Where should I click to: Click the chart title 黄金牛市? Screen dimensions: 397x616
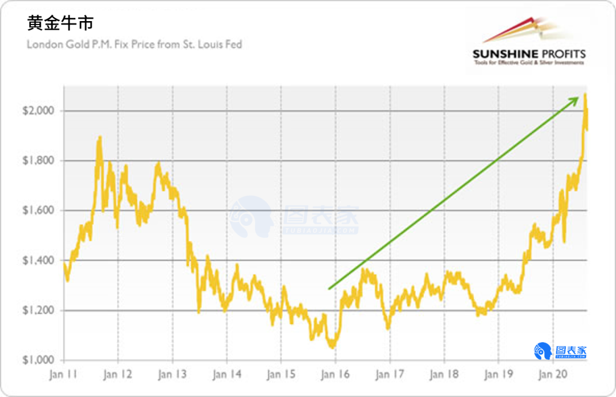[x=60, y=23]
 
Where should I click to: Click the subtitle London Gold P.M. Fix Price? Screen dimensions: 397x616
[x=135, y=44]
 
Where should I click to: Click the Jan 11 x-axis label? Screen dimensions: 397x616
[x=63, y=375]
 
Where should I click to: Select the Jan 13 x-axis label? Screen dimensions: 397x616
[x=173, y=375]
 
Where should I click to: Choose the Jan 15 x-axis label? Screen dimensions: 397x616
[x=281, y=375]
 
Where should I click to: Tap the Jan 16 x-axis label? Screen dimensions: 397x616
[x=336, y=375]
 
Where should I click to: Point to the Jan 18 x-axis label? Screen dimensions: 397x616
[x=444, y=375]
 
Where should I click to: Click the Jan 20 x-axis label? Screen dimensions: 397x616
[x=553, y=375]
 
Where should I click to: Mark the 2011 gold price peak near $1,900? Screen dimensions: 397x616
[x=100, y=137]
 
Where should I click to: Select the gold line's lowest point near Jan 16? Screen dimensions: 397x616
[x=331, y=346]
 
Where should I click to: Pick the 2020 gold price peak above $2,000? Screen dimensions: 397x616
[x=585, y=94]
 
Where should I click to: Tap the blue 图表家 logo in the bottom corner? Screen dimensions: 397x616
[x=560, y=351]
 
